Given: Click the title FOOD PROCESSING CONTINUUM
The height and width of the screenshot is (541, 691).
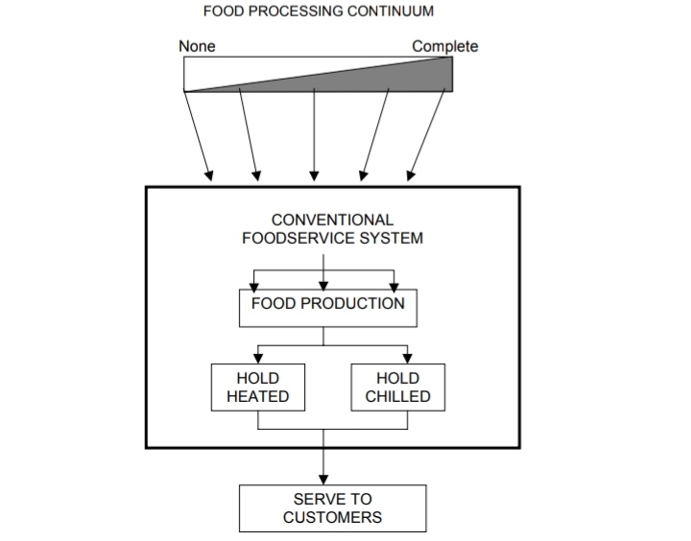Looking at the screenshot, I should click(318, 12).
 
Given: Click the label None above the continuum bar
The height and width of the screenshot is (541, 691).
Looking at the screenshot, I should click(197, 46).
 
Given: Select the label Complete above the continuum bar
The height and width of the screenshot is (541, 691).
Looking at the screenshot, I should click(444, 46).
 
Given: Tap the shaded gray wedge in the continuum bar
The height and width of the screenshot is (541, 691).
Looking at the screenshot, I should click(403, 77).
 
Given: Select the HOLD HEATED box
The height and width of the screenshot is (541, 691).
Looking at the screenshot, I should click(258, 388).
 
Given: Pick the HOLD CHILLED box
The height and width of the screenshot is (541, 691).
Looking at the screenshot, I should click(397, 388).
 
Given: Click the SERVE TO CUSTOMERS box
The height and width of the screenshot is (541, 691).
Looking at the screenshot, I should click(332, 508).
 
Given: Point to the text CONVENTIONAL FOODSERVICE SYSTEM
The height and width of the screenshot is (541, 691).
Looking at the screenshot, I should click(332, 229).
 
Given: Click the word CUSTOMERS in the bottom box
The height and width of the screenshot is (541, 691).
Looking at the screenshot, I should click(332, 518).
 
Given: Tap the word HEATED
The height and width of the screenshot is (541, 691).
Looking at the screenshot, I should click(258, 396).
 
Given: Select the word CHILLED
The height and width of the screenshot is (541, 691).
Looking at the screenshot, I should click(397, 396).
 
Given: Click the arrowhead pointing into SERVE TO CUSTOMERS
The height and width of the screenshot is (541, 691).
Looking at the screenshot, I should click(323, 480).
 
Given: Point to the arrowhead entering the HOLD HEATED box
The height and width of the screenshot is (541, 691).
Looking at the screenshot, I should click(257, 358).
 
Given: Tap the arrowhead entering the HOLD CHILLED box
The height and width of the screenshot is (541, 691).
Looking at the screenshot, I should click(407, 358).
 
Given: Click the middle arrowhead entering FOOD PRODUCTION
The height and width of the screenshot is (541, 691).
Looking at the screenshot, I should click(323, 285).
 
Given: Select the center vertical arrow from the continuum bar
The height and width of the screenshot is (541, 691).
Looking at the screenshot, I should click(314, 134).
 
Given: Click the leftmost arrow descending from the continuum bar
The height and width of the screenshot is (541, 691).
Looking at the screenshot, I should click(199, 134).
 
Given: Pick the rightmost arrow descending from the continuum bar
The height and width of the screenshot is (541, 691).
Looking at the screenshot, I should click(428, 134).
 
